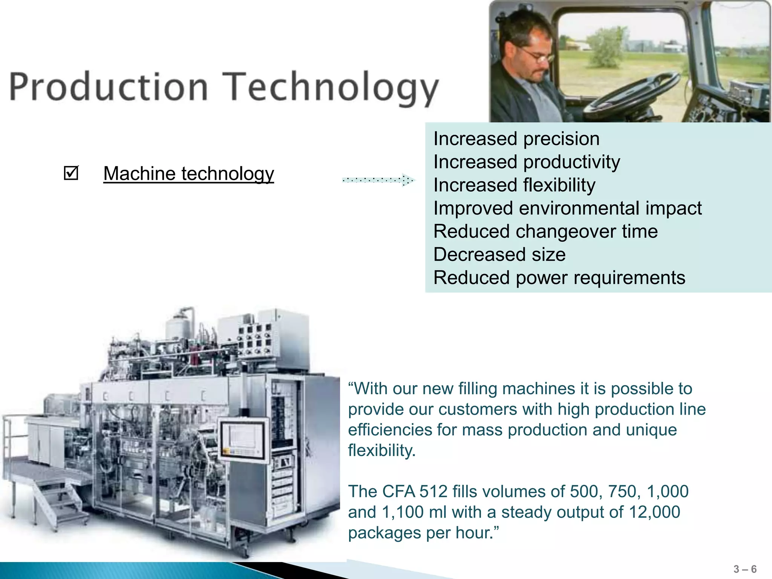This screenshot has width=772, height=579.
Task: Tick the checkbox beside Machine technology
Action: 71,173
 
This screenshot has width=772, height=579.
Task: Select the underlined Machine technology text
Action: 188,174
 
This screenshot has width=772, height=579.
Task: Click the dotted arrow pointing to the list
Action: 378,180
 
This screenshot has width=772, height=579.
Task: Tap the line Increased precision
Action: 516,139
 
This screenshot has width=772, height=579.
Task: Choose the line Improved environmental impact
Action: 567,208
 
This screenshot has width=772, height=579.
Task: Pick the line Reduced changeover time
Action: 545,231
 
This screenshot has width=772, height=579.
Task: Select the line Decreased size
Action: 499,254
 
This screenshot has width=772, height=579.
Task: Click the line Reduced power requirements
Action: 559,278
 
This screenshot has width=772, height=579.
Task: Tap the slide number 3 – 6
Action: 745,569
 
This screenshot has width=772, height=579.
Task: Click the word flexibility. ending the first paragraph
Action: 381,450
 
